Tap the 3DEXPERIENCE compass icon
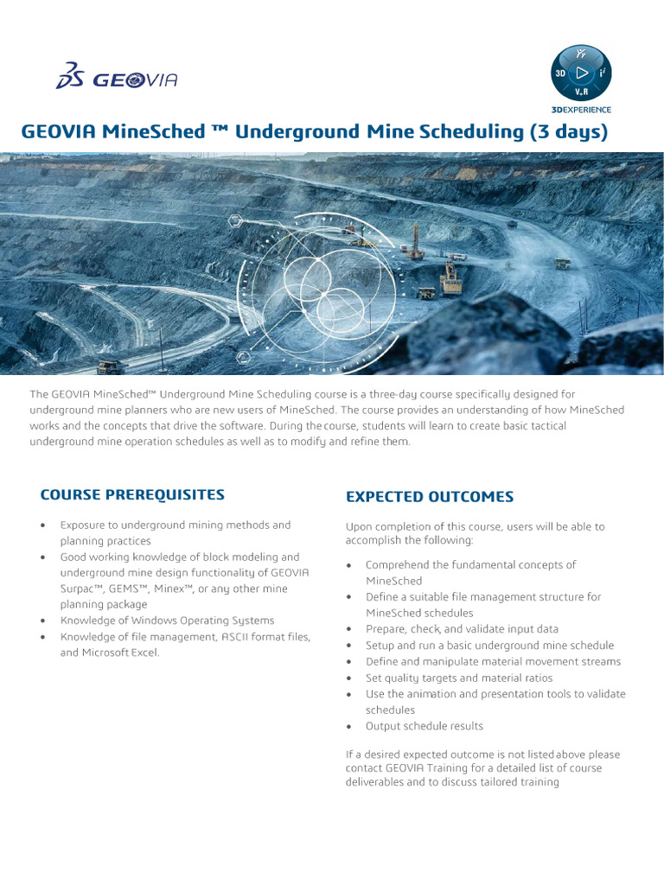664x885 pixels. (581, 73)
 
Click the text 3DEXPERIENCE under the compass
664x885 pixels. (581, 110)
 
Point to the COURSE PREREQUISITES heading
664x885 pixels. (132, 495)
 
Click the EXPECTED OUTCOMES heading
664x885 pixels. (430, 497)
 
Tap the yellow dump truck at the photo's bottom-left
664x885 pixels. (110, 366)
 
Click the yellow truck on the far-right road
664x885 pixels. (563, 263)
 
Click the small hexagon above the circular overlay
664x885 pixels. (234, 221)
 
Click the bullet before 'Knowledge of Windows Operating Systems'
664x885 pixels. (44, 621)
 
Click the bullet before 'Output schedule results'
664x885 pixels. (348, 727)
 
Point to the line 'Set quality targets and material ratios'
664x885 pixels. (458, 678)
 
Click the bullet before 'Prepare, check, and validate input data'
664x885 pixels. (348, 630)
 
